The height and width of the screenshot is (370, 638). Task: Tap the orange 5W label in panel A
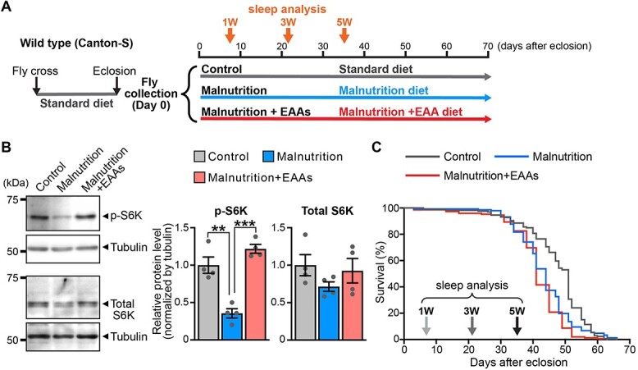click(x=344, y=21)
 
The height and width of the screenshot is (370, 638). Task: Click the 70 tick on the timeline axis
click(x=487, y=46)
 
